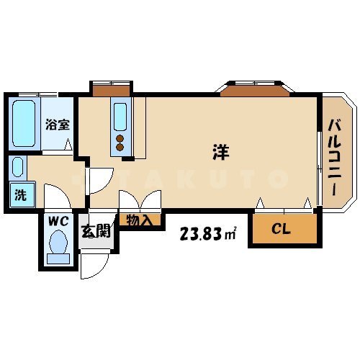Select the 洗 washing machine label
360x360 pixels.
coord(21,194)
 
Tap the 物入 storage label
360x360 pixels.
coord(138,220)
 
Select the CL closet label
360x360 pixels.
coord(282,230)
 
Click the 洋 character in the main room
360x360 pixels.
coord(221,152)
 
